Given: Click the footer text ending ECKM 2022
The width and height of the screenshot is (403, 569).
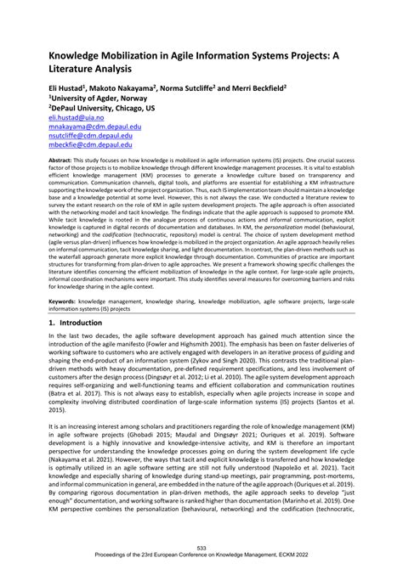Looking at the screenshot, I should coord(201,558).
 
